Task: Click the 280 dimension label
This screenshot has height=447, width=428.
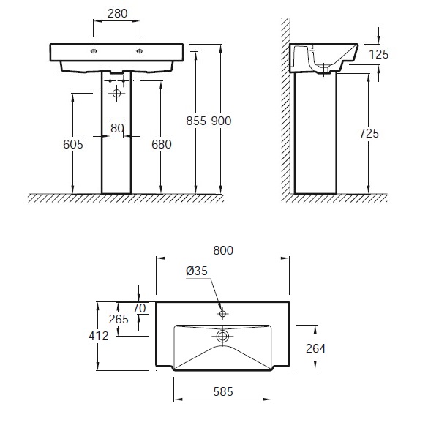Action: pyautogui.click(x=118, y=13)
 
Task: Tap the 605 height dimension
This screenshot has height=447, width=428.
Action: pyautogui.click(x=73, y=144)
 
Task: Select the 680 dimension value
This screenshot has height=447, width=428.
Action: pyautogui.click(x=162, y=144)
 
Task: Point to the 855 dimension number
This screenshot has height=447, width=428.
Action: pyautogui.click(x=196, y=121)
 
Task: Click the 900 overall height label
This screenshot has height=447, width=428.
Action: pyautogui.click(x=221, y=121)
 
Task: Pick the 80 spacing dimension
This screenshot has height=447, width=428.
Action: pyautogui.click(x=117, y=129)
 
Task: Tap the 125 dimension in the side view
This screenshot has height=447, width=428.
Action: pyautogui.click(x=379, y=54)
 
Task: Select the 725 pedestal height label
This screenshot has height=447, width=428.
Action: pyautogui.click(x=369, y=133)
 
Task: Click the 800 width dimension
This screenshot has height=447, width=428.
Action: pyautogui.click(x=223, y=250)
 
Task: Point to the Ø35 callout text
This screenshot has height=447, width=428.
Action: pyautogui.click(x=197, y=271)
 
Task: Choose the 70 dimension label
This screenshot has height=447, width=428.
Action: pyautogui.click(x=139, y=308)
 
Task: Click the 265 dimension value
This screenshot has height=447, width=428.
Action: pyautogui.click(x=119, y=319)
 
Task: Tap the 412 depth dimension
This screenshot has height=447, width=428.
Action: pyautogui.click(x=98, y=337)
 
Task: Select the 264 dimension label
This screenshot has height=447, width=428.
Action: pyautogui.click(x=315, y=348)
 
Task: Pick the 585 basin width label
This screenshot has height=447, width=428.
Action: pyautogui.click(x=223, y=391)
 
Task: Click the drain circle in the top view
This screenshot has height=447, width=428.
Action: pyautogui.click(x=222, y=337)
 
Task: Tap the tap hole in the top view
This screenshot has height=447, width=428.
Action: pyautogui.click(x=222, y=314)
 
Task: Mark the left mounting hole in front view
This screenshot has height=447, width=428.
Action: pyautogui.click(x=94, y=51)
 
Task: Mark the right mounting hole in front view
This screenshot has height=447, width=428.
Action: pyautogui.click(x=140, y=51)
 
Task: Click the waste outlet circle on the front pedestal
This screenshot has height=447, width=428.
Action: pyautogui.click(x=116, y=93)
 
